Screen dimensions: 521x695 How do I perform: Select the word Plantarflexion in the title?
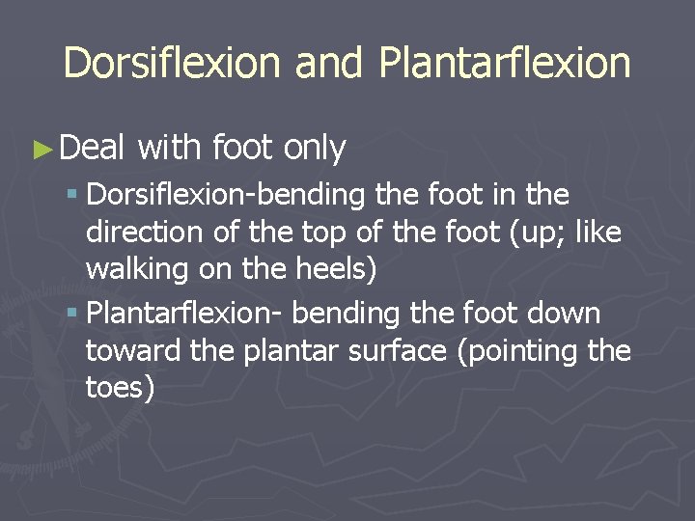(x=505, y=64)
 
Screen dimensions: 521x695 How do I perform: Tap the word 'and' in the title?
(x=328, y=64)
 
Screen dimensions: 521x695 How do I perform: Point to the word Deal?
(x=92, y=149)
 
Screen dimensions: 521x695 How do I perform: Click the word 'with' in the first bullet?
(x=169, y=149)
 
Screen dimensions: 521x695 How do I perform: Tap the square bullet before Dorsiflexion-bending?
(x=74, y=196)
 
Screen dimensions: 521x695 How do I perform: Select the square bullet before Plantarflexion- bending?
(x=74, y=315)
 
